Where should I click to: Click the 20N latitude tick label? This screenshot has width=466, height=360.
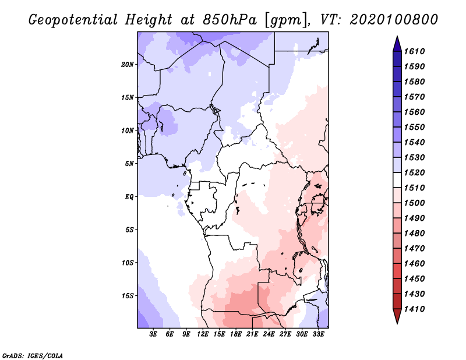coord(128,64)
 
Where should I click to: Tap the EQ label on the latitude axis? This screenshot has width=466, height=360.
coord(129,197)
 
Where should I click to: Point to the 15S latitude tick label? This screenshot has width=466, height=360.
coord(128,296)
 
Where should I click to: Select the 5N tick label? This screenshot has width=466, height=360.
coord(129,164)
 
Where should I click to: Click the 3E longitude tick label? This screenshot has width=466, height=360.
coord(153,334)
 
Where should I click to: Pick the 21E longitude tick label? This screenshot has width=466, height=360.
coord(252,334)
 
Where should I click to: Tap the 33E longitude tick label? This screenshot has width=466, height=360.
coord(318,334)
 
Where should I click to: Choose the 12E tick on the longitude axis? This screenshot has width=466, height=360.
coord(203,334)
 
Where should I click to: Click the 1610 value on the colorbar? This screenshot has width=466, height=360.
coord(414,51)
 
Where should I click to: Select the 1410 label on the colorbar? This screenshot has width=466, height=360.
coord(414,309)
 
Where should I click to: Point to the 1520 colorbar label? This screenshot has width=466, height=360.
coord(414,172)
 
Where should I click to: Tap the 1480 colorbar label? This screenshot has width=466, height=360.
coord(414,234)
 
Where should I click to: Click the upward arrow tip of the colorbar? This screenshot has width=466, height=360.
coord(397,36)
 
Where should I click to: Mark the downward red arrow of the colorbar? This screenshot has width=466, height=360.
coord(397,316)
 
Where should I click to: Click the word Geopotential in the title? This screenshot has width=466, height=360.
coord(73,20)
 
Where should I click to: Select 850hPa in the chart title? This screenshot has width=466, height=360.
coord(230,20)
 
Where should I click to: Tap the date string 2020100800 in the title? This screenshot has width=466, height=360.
coord(394,20)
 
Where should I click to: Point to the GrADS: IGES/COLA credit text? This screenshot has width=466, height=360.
coord(33,356)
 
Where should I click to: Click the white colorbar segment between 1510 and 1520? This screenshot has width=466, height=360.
coord(397,180)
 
